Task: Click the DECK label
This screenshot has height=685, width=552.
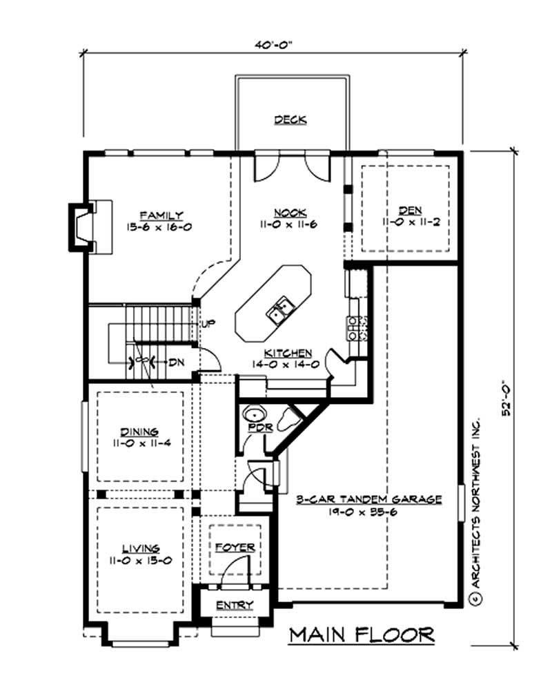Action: point(290,119)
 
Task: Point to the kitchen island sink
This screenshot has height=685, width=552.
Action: point(279,311)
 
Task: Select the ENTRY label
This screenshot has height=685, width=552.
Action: point(235,606)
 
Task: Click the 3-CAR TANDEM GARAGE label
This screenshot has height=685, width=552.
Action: point(368,499)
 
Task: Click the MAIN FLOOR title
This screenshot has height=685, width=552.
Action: point(361,635)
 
